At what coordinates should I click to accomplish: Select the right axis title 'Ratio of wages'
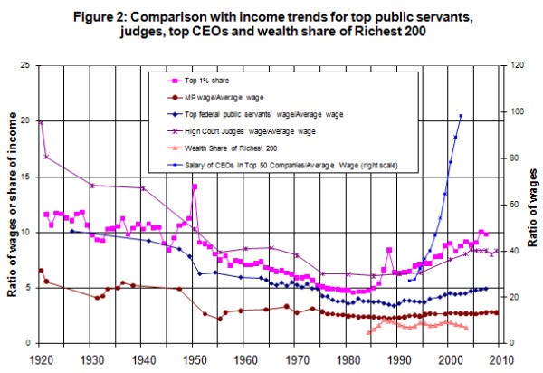pos(534,205)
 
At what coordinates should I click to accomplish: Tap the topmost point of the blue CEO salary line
pos(461,116)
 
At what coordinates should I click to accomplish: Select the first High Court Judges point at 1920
pos(40,121)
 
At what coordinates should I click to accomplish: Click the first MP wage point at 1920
pos(40,270)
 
